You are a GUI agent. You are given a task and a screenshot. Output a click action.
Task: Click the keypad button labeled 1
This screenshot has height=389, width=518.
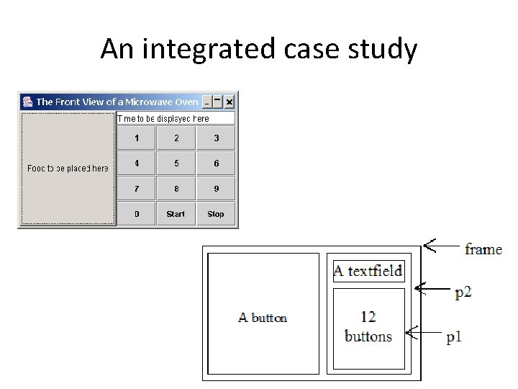pyautogui.click(x=137, y=138)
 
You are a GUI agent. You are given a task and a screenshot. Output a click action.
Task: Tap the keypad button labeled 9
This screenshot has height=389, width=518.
pyautogui.click(x=216, y=189)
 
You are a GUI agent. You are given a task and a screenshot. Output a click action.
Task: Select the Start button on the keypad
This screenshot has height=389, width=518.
pyautogui.click(x=176, y=214)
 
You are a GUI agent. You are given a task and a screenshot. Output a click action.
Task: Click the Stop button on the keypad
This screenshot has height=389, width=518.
pyautogui.click(x=216, y=214)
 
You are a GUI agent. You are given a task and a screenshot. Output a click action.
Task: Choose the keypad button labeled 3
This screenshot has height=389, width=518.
pyautogui.click(x=216, y=138)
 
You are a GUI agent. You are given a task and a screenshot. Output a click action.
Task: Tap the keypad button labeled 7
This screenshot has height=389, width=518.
pyautogui.click(x=137, y=189)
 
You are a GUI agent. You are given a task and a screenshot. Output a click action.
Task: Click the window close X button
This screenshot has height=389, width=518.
pyautogui.click(x=230, y=102)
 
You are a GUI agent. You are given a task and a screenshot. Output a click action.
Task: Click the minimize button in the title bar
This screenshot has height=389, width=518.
pyautogui.click(x=207, y=102)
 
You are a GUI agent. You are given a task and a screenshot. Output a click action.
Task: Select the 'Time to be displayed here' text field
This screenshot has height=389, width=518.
pyautogui.click(x=176, y=119)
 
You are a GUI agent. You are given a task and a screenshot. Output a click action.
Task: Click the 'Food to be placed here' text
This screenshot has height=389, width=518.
pyautogui.click(x=68, y=169)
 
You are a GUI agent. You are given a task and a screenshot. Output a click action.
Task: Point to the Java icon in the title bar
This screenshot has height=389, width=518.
pyautogui.click(x=27, y=102)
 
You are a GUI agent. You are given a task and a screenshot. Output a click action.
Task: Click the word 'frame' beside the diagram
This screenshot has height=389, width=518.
pyautogui.click(x=483, y=249)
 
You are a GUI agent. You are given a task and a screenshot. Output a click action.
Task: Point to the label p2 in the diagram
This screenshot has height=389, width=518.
pyautogui.click(x=463, y=292)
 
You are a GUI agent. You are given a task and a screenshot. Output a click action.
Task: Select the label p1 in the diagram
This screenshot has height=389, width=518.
pyautogui.click(x=454, y=337)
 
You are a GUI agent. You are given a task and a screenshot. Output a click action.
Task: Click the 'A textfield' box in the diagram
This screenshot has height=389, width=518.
pyautogui.click(x=368, y=272)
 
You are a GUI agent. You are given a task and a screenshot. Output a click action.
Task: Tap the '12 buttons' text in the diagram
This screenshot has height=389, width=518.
pyautogui.click(x=368, y=326)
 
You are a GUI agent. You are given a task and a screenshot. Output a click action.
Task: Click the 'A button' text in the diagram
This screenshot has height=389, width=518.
pyautogui.click(x=263, y=317)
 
